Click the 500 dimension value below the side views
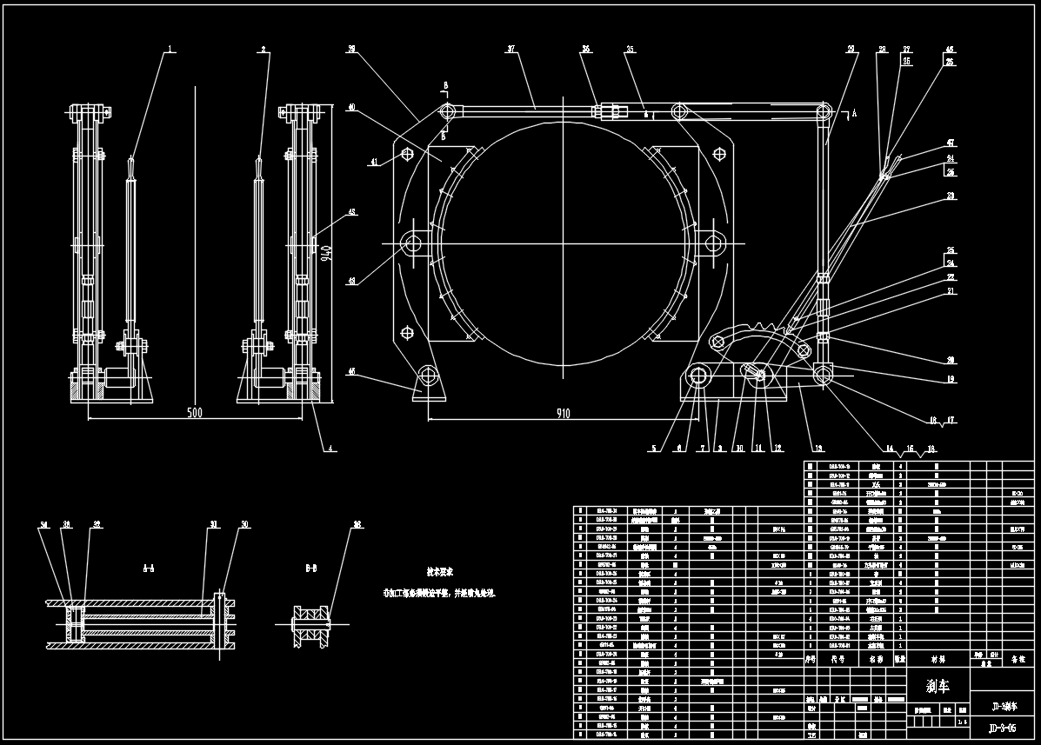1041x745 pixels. point(194,413)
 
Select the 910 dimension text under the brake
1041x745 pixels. point(563,414)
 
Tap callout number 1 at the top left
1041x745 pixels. point(171,50)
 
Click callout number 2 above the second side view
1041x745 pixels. point(263,50)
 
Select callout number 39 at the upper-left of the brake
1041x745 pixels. point(351,50)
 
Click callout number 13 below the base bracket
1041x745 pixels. point(817,449)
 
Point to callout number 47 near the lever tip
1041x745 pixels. point(951,142)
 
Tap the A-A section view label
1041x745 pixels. point(149,568)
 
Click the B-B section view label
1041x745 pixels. point(311,568)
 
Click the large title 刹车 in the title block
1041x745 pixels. point(938,686)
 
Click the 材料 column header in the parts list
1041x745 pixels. point(938,660)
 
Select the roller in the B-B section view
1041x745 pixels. point(311,623)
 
